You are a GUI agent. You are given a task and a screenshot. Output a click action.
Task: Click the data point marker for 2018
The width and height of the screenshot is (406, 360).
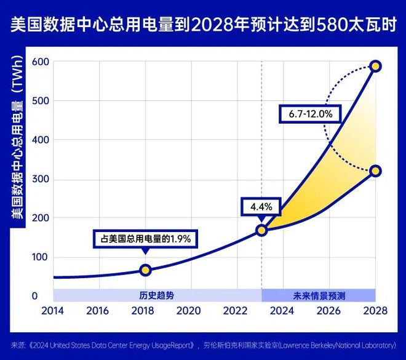pyautogui.click(x=145, y=270)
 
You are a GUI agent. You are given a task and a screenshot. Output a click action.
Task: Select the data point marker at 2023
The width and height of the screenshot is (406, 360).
pyautogui.click(x=261, y=230)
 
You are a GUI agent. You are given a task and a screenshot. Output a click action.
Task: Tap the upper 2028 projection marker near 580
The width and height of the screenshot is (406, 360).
pyautogui.click(x=375, y=66)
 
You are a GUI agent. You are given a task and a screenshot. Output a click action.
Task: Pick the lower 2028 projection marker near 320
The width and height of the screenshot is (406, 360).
pyautogui.click(x=375, y=170)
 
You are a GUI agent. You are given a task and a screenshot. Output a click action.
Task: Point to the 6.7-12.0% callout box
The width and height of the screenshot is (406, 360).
pyautogui.click(x=311, y=114)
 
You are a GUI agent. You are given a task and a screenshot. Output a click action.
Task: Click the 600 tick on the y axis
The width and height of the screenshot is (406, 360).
pyautogui.click(x=40, y=61)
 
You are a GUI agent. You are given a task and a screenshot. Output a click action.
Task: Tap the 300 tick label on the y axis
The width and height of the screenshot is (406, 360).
pyautogui.click(x=40, y=179)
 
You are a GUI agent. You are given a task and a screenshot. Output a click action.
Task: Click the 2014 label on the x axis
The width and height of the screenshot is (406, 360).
pyautogui.click(x=52, y=311)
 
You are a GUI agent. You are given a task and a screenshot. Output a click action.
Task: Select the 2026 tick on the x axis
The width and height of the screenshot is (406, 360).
pyautogui.click(x=330, y=311)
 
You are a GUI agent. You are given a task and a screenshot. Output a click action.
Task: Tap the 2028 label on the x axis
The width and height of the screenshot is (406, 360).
pyautogui.click(x=375, y=311)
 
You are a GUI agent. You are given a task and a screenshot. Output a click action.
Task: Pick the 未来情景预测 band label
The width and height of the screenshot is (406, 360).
pyautogui.click(x=319, y=295)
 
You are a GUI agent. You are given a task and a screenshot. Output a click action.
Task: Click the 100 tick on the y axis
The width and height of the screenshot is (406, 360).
pyautogui.click(x=40, y=257)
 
